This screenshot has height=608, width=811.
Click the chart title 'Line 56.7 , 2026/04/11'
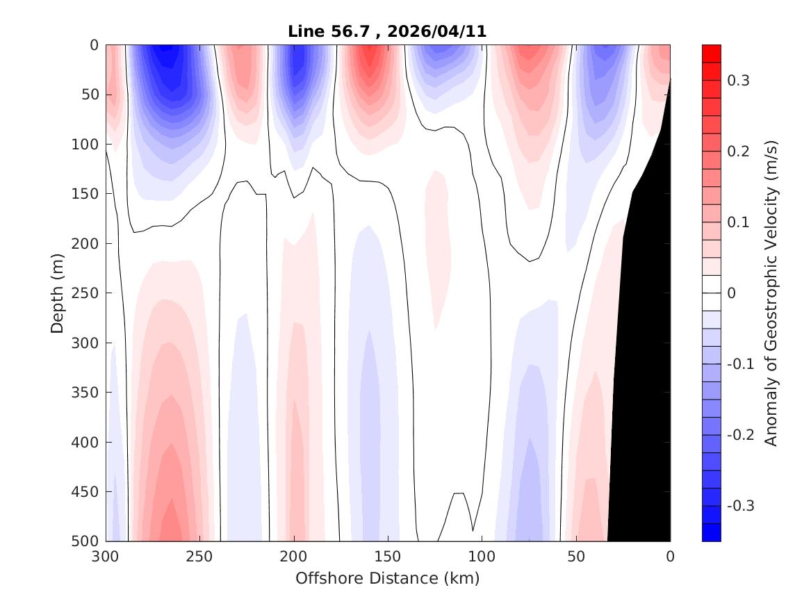point(387,31)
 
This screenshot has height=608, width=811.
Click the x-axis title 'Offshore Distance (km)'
point(387,578)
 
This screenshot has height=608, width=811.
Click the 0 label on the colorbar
point(731,293)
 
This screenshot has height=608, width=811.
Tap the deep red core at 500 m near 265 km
point(170,528)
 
